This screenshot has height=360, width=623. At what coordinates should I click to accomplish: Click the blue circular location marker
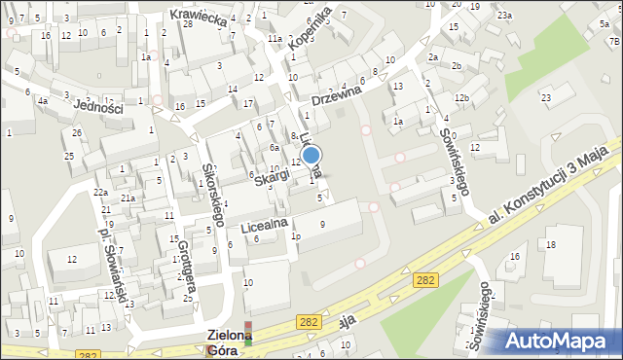point(311,155)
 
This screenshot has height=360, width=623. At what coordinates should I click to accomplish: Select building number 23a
point(503,16)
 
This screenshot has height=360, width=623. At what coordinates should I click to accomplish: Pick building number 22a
point(100,193)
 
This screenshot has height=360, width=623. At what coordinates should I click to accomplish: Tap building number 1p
point(296,236)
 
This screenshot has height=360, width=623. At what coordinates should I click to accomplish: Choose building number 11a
point(275,39)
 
